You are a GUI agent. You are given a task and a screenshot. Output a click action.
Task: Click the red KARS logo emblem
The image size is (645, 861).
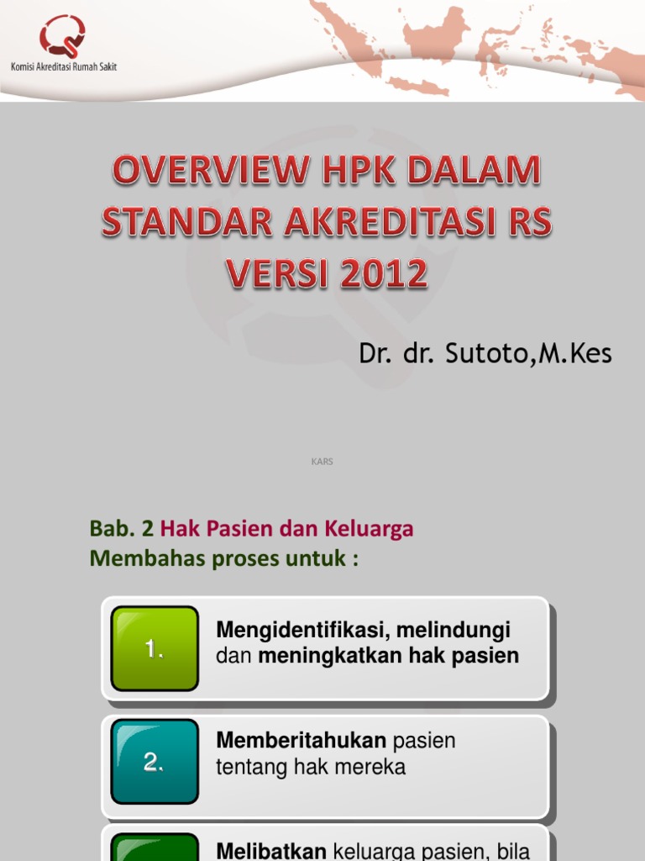[62, 35]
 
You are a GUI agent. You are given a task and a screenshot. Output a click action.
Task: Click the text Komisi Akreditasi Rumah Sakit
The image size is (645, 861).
[63, 66]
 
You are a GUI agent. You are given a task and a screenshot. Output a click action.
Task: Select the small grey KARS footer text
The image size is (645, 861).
[322, 462]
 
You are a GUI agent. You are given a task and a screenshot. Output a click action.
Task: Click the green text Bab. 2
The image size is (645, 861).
[121, 529]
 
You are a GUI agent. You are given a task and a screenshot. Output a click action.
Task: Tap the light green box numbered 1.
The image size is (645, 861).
[155, 648]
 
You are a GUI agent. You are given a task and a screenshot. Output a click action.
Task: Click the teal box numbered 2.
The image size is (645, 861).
[155, 762]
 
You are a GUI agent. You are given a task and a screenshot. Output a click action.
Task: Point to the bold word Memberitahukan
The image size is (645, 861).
[302, 741]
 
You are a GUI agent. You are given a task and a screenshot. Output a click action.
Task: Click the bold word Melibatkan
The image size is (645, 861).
[270, 851]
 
